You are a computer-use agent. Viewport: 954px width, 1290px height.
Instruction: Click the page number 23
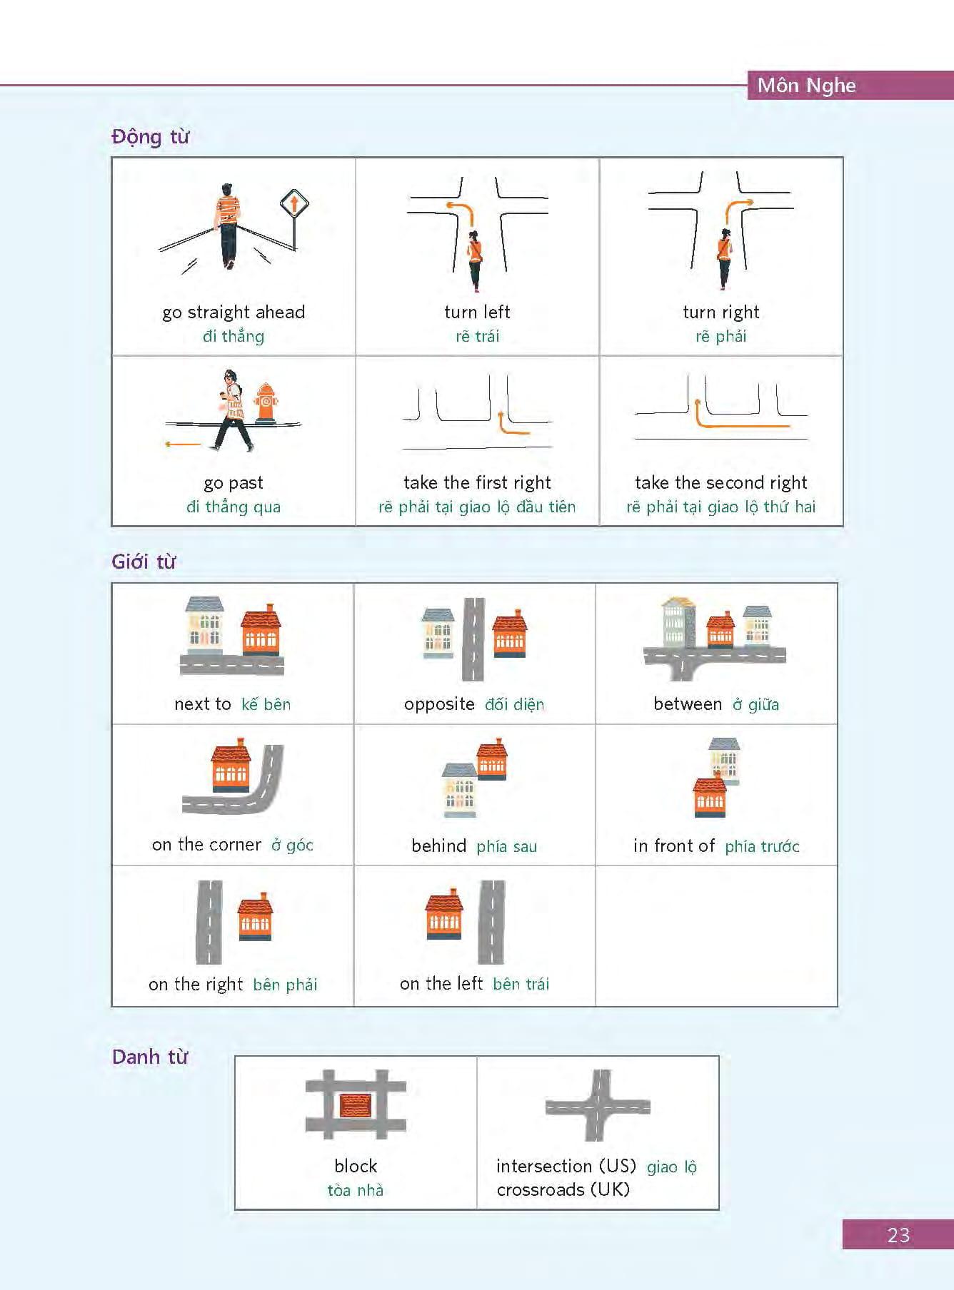coord(898,1235)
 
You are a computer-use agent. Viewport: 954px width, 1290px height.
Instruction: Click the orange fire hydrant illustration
coord(266,405)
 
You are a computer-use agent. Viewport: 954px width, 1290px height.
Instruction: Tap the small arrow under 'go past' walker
coord(183,444)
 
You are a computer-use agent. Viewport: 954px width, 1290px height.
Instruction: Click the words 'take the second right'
coord(720,482)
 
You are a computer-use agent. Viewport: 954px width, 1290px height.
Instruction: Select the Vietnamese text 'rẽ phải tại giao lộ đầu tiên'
coord(477,507)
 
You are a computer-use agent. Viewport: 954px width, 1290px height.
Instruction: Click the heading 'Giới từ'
coord(144,562)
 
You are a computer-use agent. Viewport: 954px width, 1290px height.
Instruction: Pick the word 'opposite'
coord(439,704)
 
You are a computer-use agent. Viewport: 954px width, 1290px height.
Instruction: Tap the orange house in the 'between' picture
coord(720,629)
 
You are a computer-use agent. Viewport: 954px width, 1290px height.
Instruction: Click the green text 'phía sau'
coord(506,846)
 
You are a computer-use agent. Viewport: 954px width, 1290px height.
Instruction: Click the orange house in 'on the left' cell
coord(443,915)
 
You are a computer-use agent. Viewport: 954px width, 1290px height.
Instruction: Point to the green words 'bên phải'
coord(285,985)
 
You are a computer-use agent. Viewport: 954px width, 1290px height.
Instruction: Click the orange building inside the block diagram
coord(356,1105)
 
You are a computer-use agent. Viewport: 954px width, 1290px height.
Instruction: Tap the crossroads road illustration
coord(598,1106)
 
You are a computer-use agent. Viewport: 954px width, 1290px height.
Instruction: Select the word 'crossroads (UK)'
coord(563,1189)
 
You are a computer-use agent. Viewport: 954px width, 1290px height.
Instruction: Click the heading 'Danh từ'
coord(150,1057)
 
